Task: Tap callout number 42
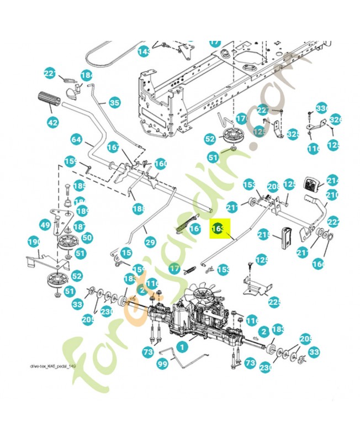click(53, 123)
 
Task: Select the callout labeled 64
click(77, 139)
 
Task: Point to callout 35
click(114, 103)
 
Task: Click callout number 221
click(50, 74)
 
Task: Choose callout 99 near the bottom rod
click(162, 364)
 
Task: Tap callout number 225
click(274, 302)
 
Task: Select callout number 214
click(332, 180)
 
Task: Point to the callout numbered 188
click(138, 208)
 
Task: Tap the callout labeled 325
click(293, 134)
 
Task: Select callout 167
click(113, 148)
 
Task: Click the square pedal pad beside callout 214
click(313, 183)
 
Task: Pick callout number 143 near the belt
click(144, 52)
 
